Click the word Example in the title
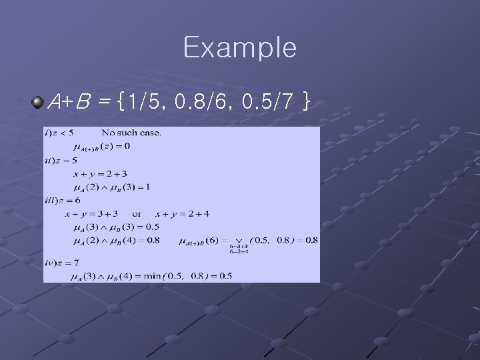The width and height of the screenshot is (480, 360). coord(239,48)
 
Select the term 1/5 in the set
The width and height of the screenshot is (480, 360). coord(145,102)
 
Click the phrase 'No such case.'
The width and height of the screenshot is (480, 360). coord(131,132)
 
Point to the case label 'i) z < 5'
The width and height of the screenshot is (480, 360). coord(59,132)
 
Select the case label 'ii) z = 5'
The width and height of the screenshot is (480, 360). coord(61,160)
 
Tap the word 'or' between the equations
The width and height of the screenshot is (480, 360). coord(137,214)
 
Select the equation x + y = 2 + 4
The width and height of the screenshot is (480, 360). coord(182,214)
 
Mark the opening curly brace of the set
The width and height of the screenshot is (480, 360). coord(120,102)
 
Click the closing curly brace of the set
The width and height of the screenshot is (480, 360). coord(305,102)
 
